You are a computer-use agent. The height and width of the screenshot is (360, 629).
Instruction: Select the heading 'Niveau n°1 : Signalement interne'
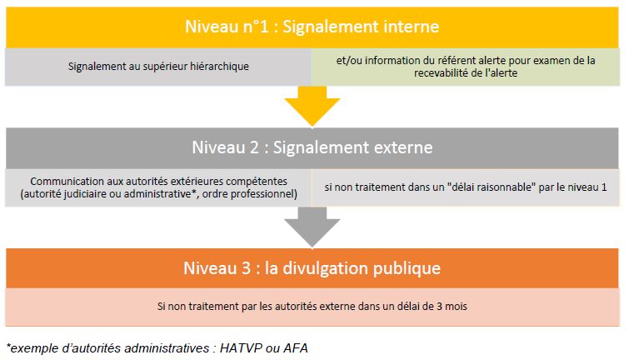[312, 27]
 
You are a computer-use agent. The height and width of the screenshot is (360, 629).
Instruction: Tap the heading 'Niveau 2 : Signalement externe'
[312, 147]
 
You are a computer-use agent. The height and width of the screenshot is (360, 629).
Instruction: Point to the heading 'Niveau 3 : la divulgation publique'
[312, 268]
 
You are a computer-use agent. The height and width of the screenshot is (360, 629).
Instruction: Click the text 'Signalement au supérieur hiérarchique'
[158, 66]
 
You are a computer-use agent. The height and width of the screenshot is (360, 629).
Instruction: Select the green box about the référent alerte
[466, 67]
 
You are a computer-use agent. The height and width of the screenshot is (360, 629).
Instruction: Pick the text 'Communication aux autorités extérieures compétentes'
[158, 182]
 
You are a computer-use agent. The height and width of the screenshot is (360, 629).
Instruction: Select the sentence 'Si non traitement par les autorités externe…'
[312, 307]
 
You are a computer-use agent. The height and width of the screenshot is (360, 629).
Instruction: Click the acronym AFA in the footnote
[296, 348]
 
